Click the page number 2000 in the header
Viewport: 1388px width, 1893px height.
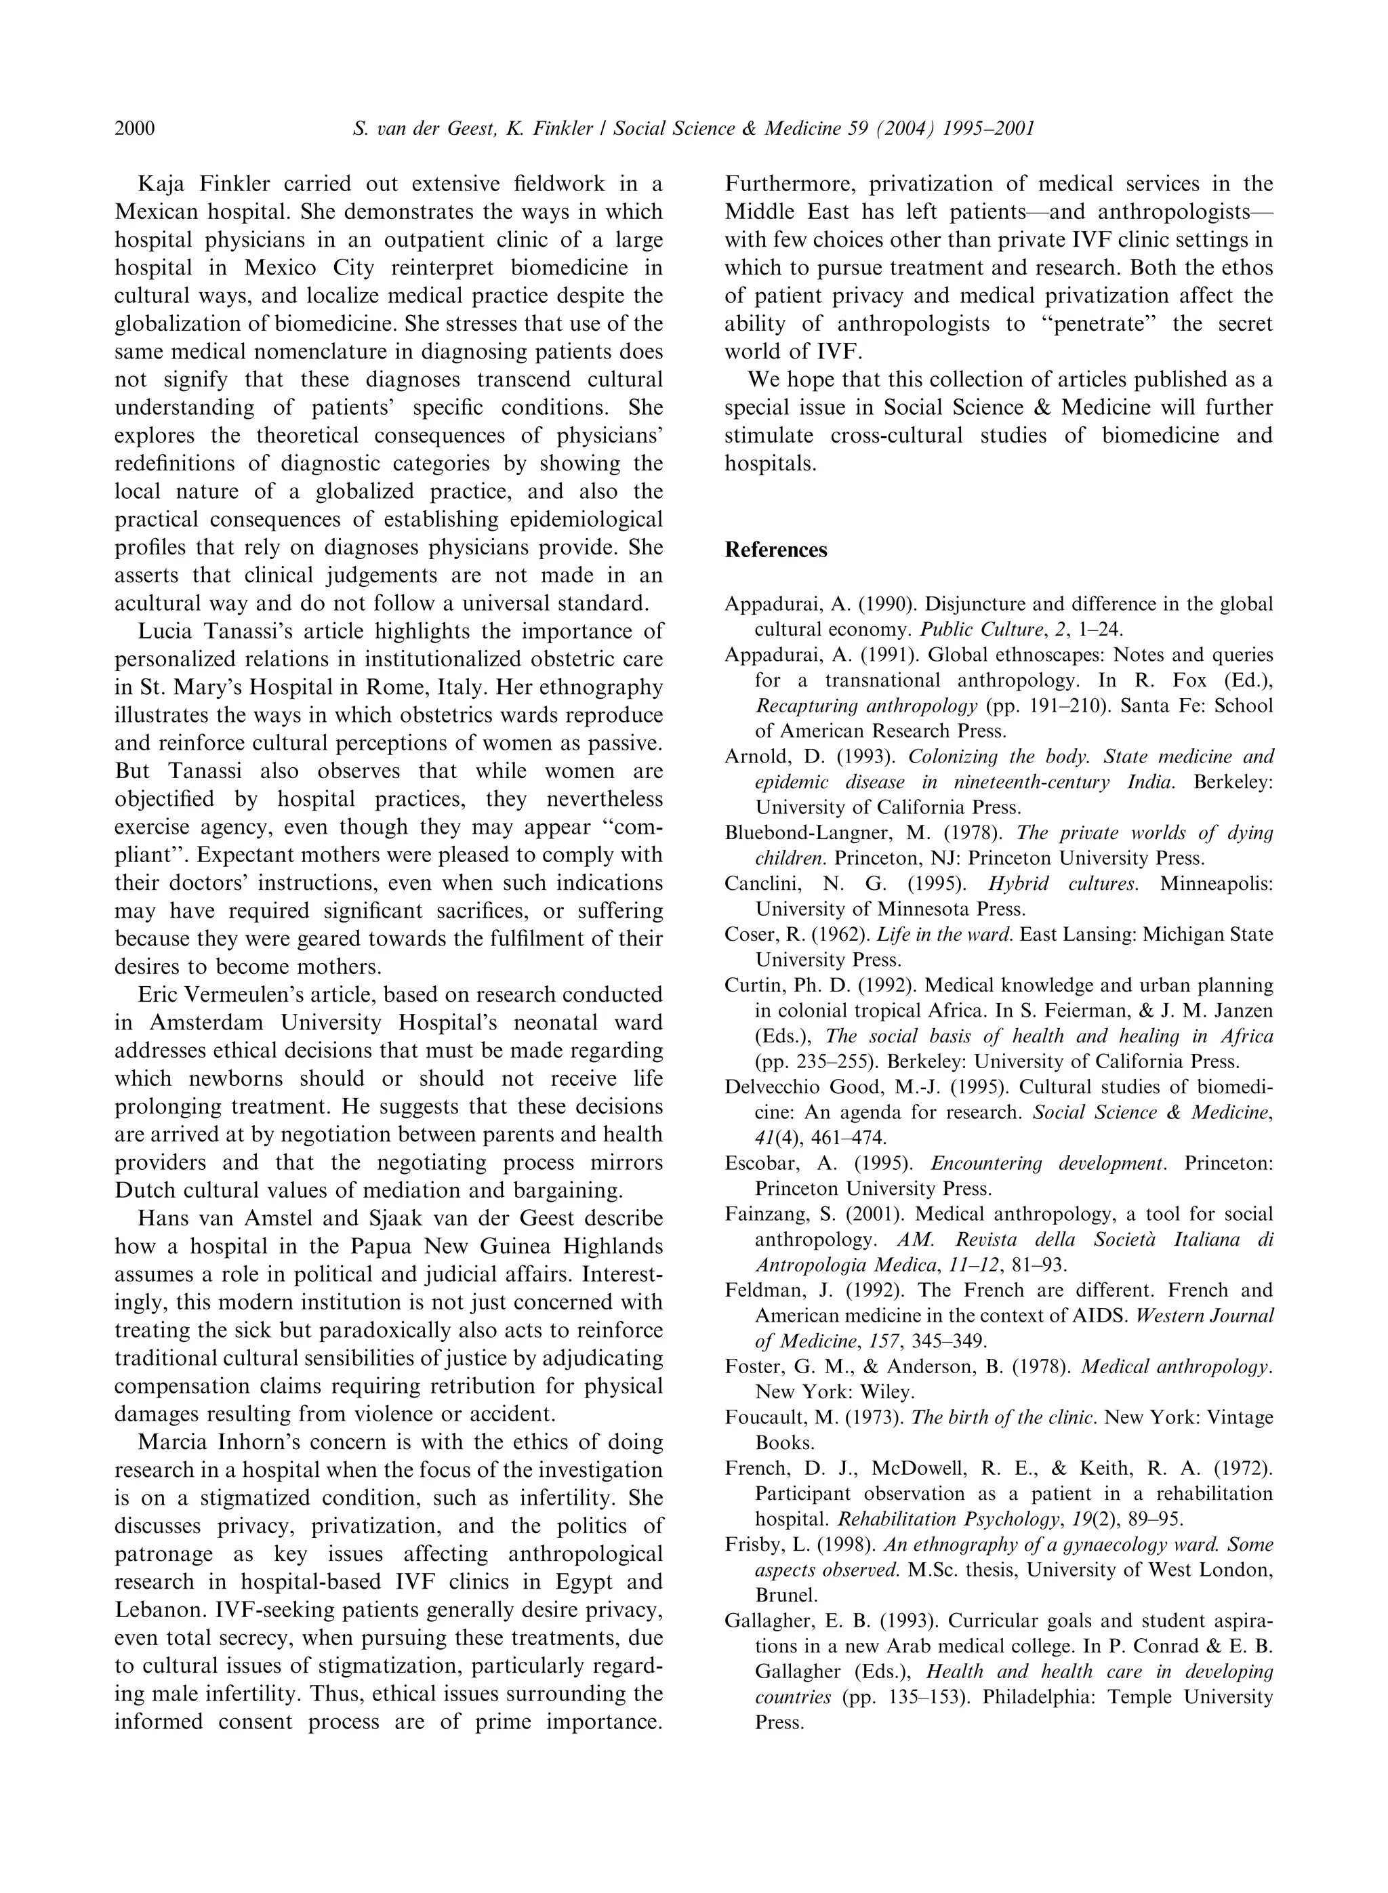pos(134,129)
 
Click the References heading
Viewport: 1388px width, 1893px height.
pos(775,550)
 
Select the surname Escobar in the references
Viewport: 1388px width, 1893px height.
pos(757,1163)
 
